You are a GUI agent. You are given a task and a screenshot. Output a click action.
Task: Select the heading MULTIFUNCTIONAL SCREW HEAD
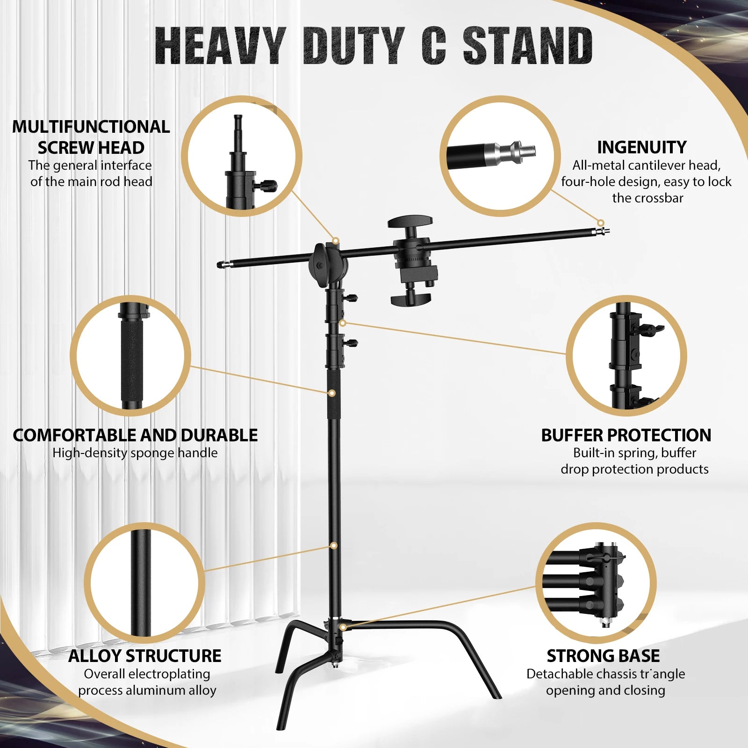pyautogui.click(x=91, y=137)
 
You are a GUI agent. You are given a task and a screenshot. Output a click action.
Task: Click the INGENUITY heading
pyautogui.click(x=641, y=147)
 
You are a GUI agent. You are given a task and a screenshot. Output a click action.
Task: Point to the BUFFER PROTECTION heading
pyautogui.click(x=626, y=435)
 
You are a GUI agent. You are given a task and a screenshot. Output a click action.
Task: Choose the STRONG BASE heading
pyautogui.click(x=603, y=656)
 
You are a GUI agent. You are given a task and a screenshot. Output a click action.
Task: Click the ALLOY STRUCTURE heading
pyautogui.click(x=144, y=656)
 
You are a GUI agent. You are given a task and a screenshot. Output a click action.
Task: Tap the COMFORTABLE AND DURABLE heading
pyautogui.click(x=135, y=435)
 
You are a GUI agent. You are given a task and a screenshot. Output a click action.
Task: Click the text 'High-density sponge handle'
pyautogui.click(x=135, y=453)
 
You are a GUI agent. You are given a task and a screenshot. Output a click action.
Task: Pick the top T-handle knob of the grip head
pyautogui.click(x=410, y=221)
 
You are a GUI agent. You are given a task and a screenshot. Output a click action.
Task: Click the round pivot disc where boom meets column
pyautogui.click(x=323, y=265)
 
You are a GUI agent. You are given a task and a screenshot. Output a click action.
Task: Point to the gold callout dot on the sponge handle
pyautogui.click(x=331, y=393)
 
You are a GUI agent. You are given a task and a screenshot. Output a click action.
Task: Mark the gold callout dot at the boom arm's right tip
pyautogui.click(x=601, y=223)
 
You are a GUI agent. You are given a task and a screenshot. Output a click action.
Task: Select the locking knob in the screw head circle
pyautogui.click(x=267, y=186)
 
